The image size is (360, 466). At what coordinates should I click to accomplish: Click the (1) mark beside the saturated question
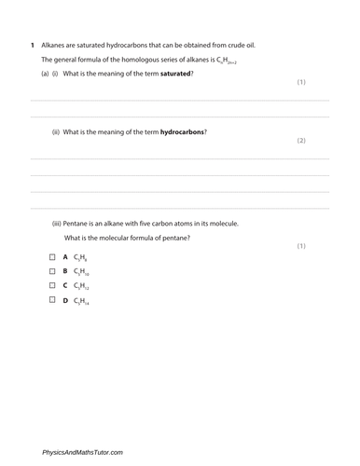click(301, 82)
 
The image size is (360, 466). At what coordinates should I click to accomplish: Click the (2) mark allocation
click(301, 141)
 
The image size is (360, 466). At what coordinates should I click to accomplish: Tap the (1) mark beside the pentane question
click(301, 246)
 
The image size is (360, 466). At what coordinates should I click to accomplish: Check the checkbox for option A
click(53, 255)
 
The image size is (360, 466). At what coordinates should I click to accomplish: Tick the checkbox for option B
click(53, 270)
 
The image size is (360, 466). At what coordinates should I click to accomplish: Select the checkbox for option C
click(53, 285)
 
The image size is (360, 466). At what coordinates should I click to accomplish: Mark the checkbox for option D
click(53, 300)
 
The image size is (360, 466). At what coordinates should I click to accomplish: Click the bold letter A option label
click(65, 255)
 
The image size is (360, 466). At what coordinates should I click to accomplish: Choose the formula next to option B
click(82, 271)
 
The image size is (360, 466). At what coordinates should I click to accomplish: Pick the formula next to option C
click(82, 286)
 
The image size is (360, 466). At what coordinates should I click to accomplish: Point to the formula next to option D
click(82, 301)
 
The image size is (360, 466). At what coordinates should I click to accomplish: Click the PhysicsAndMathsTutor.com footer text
click(82, 452)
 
